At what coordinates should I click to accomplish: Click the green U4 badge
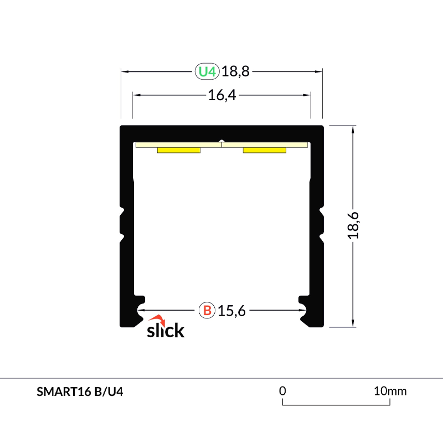pyautogui.click(x=207, y=71)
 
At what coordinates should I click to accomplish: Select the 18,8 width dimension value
pyautogui.click(x=235, y=71)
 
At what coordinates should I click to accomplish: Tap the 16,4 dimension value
pyautogui.click(x=222, y=95)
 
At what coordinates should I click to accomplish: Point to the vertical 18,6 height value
pyautogui.click(x=354, y=225)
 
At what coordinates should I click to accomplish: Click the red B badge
pyautogui.click(x=207, y=311)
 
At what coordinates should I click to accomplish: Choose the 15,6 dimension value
pyautogui.click(x=231, y=311)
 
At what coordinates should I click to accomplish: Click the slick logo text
pyautogui.click(x=165, y=331)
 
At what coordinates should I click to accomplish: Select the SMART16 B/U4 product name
pyautogui.click(x=80, y=392)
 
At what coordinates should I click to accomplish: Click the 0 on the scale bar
pyautogui.click(x=282, y=391)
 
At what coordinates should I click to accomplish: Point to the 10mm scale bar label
pyautogui.click(x=390, y=391)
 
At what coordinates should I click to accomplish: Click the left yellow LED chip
pyautogui.click(x=178, y=150)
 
